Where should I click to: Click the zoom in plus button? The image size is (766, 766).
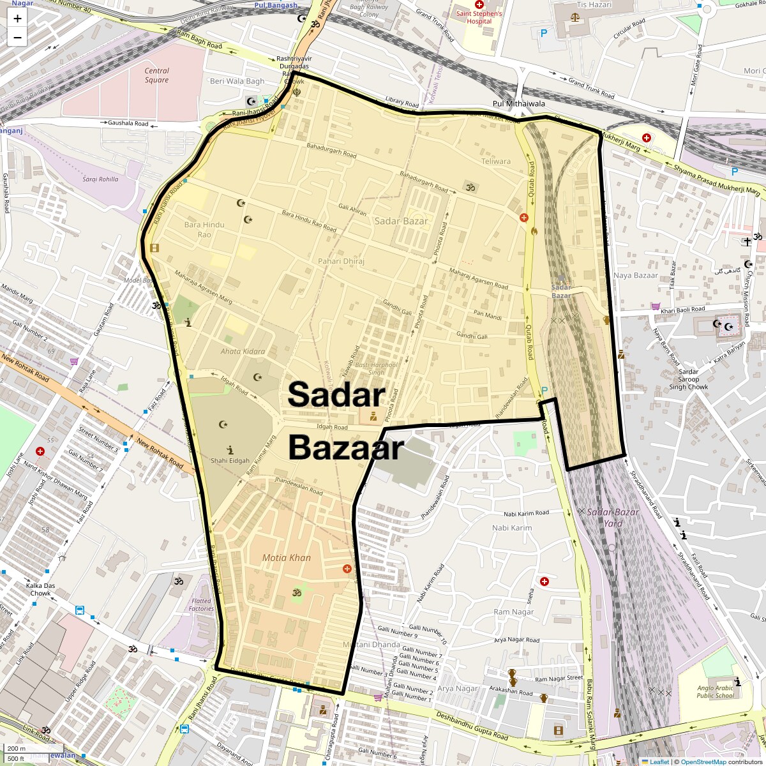click(17, 19)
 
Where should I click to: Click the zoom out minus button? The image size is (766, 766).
click(17, 37)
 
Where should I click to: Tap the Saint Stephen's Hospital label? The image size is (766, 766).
click(479, 17)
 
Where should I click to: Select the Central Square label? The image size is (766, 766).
click(156, 75)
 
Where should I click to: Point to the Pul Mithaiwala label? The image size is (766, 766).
click(518, 103)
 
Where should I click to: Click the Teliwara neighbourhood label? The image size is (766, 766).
click(496, 161)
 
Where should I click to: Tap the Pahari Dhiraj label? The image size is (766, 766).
click(341, 261)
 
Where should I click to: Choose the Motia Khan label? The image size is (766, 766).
click(286, 557)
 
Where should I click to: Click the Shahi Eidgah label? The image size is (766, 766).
click(230, 460)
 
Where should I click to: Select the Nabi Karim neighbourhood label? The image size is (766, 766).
click(511, 528)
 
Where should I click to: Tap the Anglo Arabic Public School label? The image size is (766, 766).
click(715, 692)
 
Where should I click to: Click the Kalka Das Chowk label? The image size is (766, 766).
click(40, 589)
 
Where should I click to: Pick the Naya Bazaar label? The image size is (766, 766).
click(635, 275)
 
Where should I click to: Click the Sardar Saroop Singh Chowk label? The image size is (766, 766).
click(688, 379)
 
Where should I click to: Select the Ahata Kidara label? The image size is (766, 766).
click(243, 351)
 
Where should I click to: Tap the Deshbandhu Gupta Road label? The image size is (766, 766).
click(472, 726)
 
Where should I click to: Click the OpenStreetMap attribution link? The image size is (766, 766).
click(703, 762)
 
